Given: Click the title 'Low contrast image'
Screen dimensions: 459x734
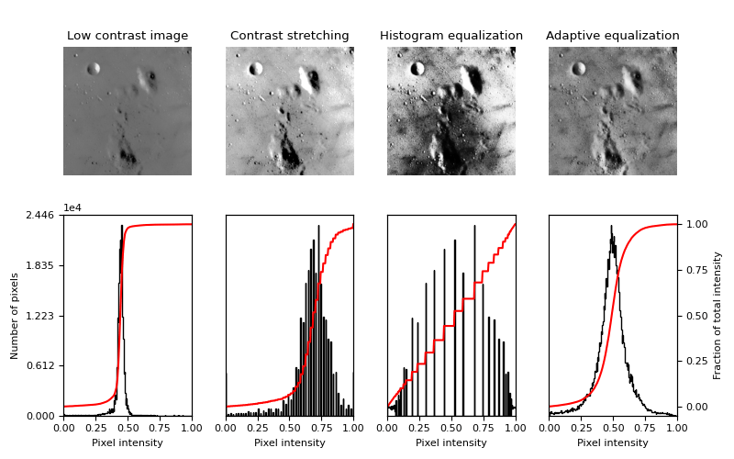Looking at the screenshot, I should click(x=128, y=36).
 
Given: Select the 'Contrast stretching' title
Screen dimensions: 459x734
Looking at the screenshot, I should click(x=289, y=36).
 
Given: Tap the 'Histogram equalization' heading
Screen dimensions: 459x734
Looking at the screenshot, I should click(x=451, y=36).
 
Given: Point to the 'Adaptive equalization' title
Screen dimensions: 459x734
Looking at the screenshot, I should click(x=613, y=36).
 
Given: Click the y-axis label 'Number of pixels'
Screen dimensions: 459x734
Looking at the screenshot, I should click(x=15, y=315).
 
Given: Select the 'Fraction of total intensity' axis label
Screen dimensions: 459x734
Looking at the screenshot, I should click(x=717, y=315).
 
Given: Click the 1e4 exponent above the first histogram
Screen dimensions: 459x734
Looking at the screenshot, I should click(x=72, y=207).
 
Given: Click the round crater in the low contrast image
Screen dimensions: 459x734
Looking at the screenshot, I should click(x=94, y=69).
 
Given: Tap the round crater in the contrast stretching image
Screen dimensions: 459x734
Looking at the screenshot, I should click(x=256, y=69).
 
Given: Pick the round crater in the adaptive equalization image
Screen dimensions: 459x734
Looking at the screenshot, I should click(x=579, y=69).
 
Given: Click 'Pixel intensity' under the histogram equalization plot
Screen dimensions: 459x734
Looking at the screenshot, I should click(x=451, y=442).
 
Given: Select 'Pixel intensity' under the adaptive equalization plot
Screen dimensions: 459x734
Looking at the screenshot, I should click(x=613, y=442).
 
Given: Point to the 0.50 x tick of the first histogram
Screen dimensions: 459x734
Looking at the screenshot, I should click(x=128, y=427).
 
